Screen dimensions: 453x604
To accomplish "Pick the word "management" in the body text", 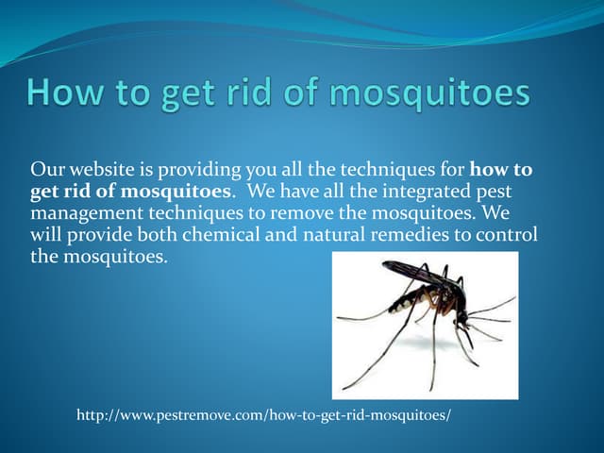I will [x=83, y=213].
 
